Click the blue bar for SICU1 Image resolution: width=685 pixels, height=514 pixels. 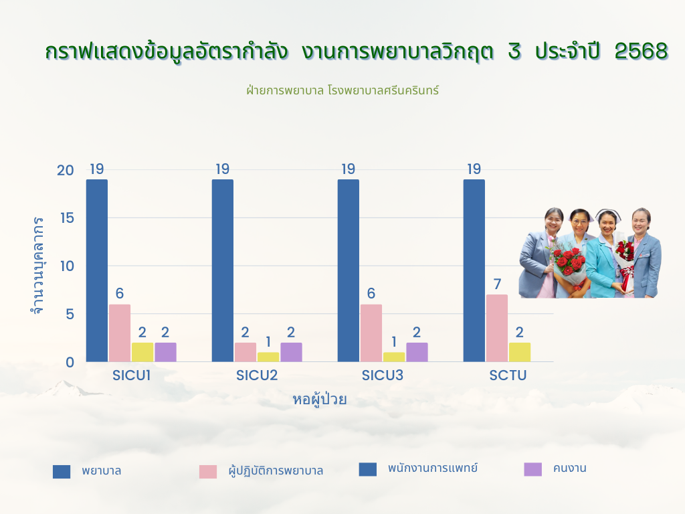tap(96, 270)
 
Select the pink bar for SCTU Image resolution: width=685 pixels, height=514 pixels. tap(497, 328)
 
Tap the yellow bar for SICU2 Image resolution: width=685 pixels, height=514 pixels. tap(268, 357)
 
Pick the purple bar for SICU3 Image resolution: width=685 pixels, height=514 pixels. tap(417, 352)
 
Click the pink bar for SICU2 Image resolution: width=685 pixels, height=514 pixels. tap(245, 352)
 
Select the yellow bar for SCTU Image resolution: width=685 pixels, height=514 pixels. tap(519, 352)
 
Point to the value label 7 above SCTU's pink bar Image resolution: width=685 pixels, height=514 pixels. tap(497, 284)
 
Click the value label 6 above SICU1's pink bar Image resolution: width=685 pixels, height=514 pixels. tap(120, 293)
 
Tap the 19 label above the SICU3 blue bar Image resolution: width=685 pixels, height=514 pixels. tap(348, 169)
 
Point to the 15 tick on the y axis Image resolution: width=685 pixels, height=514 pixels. tap(68, 218)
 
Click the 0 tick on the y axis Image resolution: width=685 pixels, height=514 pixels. tap(70, 362)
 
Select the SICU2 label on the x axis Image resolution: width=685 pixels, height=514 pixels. tap(257, 375)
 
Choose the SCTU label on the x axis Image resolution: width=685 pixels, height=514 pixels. tap(508, 375)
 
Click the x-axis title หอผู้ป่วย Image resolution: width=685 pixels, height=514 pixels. tap(319, 400)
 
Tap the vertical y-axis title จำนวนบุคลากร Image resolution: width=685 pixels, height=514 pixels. tap(38, 265)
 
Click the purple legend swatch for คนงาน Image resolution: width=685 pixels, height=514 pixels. tap(532, 469)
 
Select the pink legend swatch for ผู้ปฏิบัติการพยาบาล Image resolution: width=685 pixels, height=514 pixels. tap(208, 472)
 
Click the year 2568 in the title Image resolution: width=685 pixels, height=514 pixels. tap(642, 51)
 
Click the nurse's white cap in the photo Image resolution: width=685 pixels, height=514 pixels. tap(608, 215)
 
